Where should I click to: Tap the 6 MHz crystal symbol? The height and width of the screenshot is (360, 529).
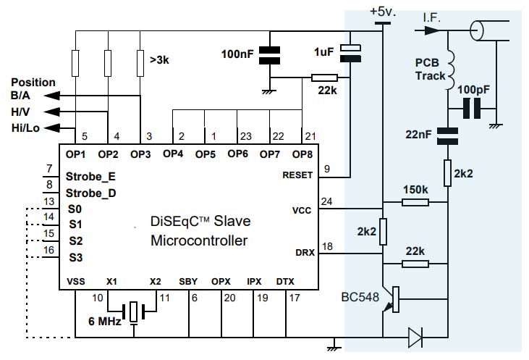134,311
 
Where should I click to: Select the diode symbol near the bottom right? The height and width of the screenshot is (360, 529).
415,336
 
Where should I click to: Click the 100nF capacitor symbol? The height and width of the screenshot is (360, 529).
270,55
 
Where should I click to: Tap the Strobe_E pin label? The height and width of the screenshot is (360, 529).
90,175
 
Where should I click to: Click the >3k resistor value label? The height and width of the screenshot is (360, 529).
160,61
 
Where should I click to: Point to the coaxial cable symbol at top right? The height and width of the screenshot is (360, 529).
478,30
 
